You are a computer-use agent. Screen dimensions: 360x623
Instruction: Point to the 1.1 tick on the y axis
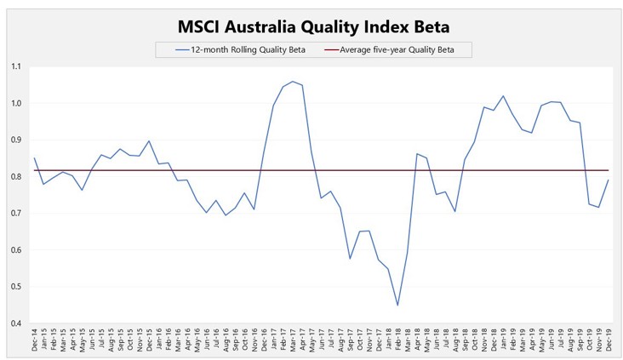pos(17,66)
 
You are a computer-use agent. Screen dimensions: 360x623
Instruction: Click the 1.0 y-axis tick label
pos(17,103)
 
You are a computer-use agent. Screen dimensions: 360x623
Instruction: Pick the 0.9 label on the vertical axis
pos(17,140)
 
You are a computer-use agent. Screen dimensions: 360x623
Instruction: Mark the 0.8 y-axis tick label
pos(17,176)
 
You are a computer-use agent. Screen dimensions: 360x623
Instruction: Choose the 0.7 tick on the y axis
pos(17,213)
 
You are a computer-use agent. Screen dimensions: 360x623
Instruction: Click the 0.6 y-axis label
pos(17,249)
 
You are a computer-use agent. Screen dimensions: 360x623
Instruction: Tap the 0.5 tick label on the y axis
pos(17,286)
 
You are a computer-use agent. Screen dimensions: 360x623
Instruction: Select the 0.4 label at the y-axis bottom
pos(17,323)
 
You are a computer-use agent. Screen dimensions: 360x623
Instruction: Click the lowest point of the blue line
pos(397,305)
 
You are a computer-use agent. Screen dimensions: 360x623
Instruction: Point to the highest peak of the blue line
pos(293,82)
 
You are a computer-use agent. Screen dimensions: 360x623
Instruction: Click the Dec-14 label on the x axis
pos(35,341)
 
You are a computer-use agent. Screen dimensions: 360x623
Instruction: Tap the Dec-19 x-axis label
pos(608,341)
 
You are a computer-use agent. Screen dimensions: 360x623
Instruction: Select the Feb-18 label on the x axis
pos(397,341)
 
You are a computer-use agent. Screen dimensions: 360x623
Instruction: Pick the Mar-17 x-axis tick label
pos(293,341)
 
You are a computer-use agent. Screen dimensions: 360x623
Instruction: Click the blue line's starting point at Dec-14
pos(35,157)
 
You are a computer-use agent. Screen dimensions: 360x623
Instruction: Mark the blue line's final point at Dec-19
pos(607,180)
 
